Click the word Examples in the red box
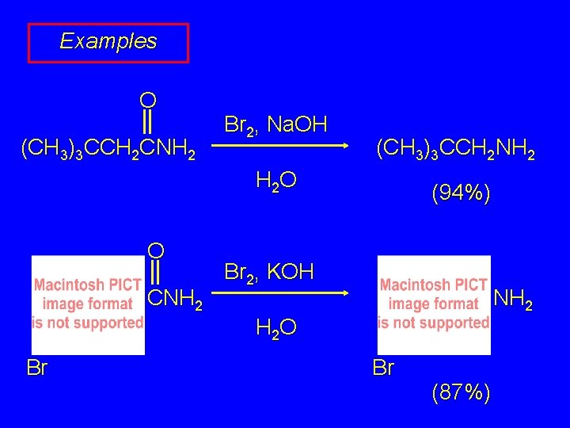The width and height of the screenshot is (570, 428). [x=108, y=41]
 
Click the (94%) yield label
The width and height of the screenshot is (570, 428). [x=460, y=193]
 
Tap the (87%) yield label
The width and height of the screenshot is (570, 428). [x=460, y=392]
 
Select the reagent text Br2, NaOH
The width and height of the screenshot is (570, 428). [x=275, y=125]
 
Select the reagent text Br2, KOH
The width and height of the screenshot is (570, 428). [x=269, y=272]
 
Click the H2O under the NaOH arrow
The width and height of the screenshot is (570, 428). [x=276, y=181]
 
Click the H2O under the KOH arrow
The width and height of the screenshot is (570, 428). [x=276, y=327]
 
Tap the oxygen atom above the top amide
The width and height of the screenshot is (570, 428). [x=147, y=100]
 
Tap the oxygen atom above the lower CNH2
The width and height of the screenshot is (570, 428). [x=156, y=250]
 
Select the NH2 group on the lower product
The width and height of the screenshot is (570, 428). [x=513, y=300]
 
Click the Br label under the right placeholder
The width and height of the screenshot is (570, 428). [x=383, y=368]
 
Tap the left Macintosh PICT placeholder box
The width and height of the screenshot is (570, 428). [x=88, y=304]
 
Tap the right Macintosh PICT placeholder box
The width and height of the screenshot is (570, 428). [x=434, y=304]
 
